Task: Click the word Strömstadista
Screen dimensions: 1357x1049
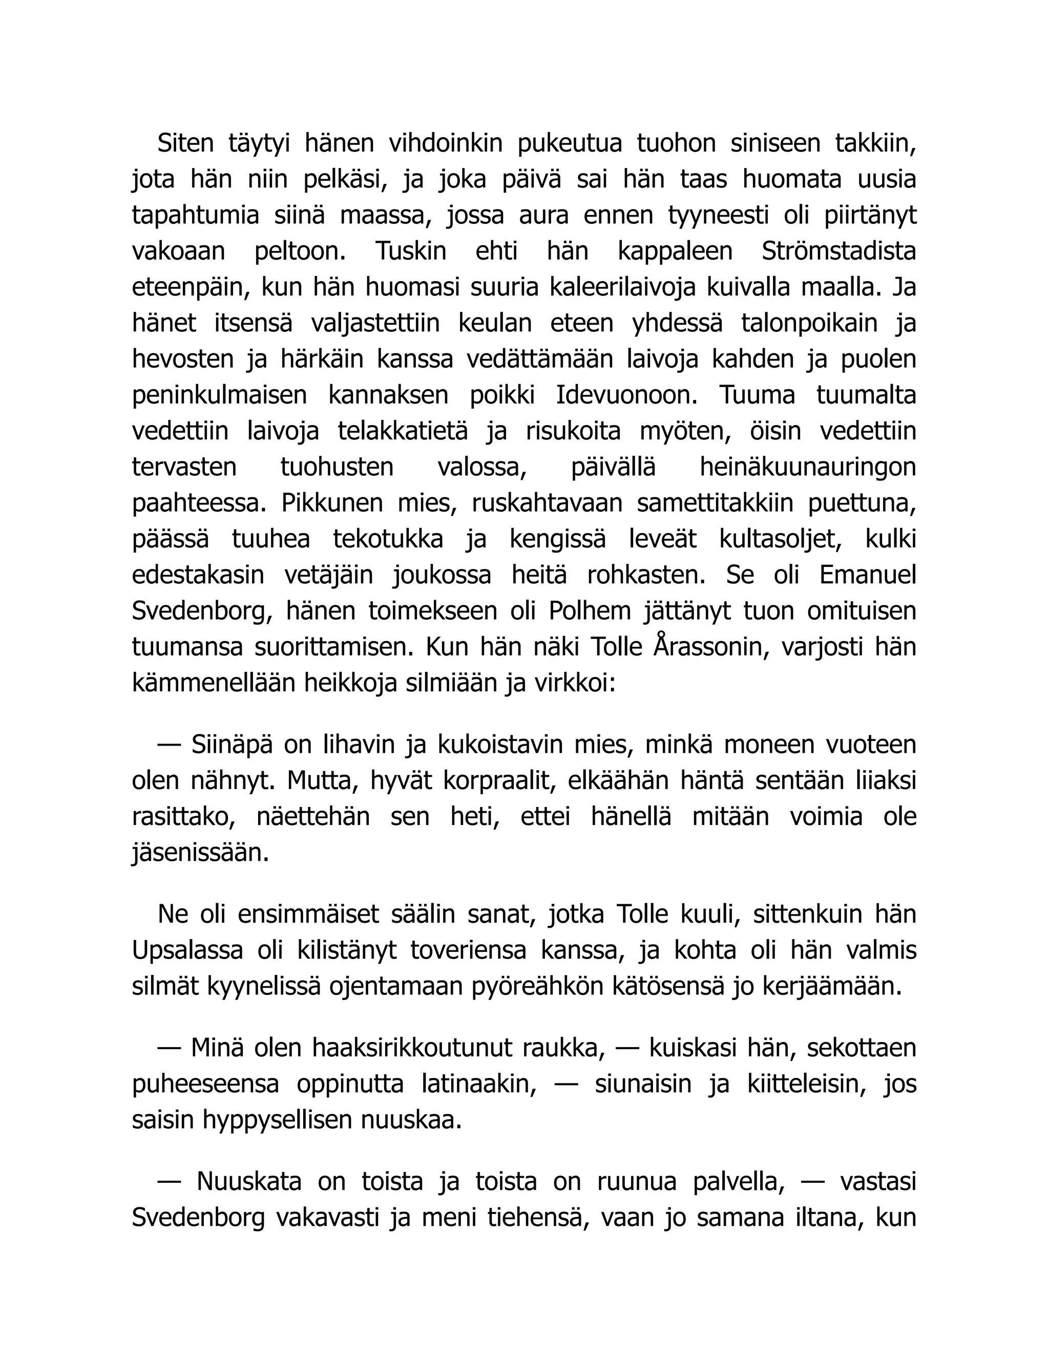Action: pos(838,251)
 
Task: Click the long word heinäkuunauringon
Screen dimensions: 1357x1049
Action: pos(808,467)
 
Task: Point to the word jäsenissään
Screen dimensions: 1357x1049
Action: pos(200,853)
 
